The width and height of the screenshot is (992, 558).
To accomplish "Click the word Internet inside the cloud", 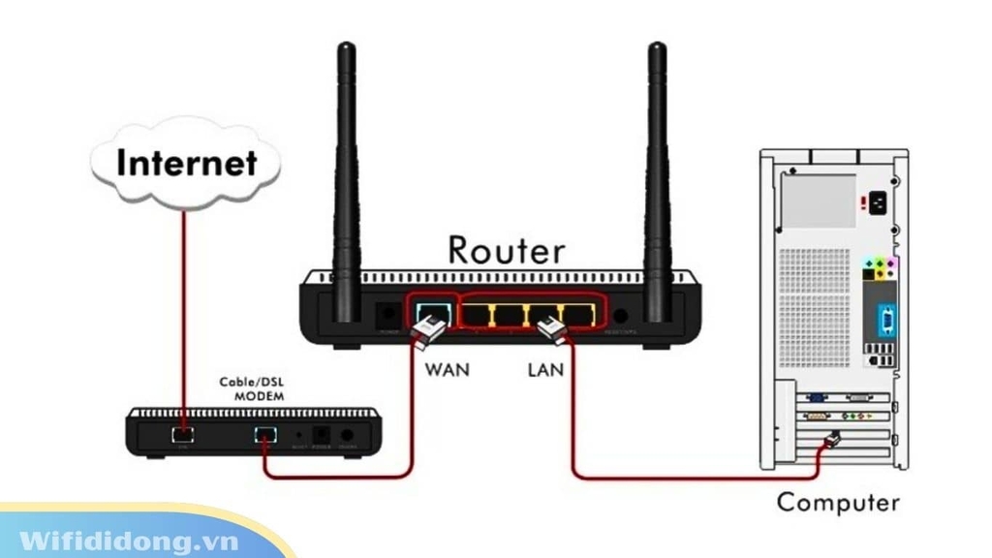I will point(186,162).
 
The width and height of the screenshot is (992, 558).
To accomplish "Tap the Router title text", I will point(506,250).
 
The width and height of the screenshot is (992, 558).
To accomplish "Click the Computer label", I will point(838,502).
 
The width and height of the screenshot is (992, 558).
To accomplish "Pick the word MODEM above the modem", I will point(259,397).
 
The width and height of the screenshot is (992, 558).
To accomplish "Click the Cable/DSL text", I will point(252,383).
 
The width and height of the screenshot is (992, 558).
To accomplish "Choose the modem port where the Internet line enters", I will point(181,434).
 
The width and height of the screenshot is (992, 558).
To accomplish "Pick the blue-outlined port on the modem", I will point(264,434).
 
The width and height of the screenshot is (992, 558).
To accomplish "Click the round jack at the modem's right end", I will point(348,435).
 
